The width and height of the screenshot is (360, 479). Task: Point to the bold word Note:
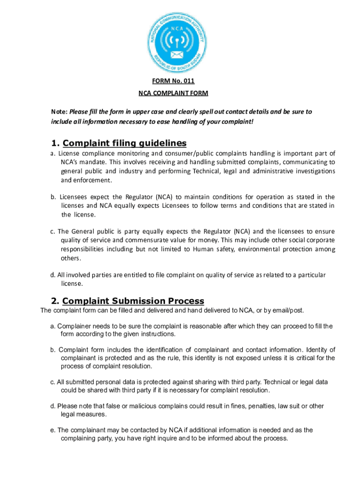pos(59,112)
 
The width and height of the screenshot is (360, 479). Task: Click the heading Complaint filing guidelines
pos(124,143)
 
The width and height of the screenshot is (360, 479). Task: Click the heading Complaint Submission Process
pos(133,301)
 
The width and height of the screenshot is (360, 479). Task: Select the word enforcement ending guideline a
pos(94,180)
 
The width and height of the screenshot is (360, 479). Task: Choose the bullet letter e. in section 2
pos(53,430)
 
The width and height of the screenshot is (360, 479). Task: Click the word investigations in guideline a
pos(310,171)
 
